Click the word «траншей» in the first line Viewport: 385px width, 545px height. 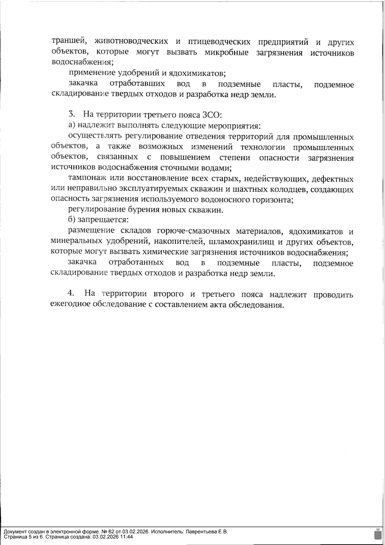point(67,42)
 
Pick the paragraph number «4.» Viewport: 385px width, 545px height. point(71,294)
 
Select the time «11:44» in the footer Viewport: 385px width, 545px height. point(127,537)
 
